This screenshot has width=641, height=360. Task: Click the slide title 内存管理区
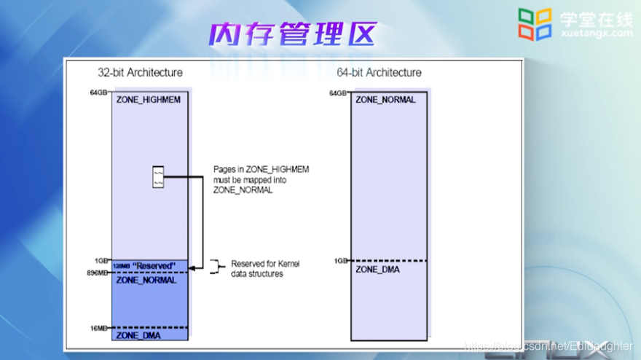coord(292,34)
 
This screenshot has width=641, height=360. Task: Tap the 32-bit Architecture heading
coord(141,73)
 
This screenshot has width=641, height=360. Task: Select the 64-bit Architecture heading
coord(379,73)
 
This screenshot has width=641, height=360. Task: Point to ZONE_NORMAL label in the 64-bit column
coord(385,100)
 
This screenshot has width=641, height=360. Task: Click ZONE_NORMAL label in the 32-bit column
coord(146,281)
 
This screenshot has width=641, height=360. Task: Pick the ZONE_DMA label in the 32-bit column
coord(138,336)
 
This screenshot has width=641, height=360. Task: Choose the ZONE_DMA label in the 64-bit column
coord(377,270)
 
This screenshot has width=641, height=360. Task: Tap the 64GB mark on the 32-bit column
coord(98,93)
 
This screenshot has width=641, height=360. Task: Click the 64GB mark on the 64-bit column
coord(338,93)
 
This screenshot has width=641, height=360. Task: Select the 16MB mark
coord(98,329)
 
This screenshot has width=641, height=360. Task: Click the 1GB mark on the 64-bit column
coord(341,260)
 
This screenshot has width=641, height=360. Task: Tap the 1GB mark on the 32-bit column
coord(101,260)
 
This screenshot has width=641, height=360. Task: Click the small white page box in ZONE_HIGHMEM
coord(158,176)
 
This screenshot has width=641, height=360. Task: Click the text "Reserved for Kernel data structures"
coord(264,268)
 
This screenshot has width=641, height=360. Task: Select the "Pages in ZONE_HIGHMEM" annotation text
coord(261,179)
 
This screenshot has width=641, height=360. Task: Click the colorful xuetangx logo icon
coord(535,23)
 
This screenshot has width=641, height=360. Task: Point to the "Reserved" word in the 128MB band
coord(154,265)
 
